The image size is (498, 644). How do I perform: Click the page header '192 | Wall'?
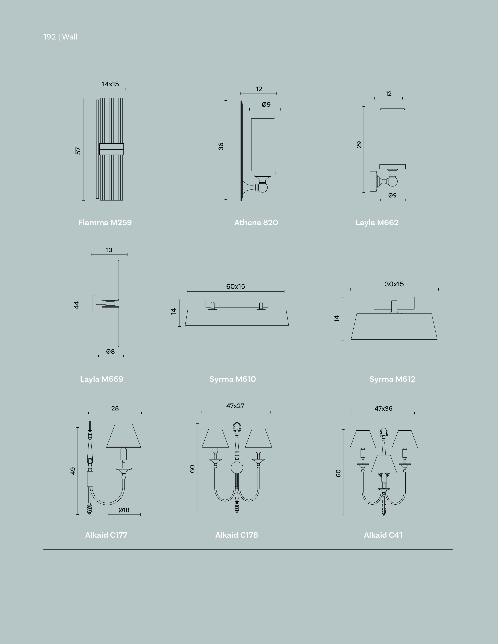(60, 37)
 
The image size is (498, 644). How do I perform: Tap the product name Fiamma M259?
(105, 222)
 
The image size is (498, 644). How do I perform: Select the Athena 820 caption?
(256, 222)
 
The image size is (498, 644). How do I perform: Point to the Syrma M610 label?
(233, 379)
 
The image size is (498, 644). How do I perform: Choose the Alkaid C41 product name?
(383, 535)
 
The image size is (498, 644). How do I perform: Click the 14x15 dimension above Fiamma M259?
(110, 84)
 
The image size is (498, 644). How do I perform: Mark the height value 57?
(78, 151)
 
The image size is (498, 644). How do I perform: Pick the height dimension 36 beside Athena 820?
(221, 146)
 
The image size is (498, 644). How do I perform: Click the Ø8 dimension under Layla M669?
(110, 351)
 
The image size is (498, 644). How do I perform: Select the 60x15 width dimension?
(236, 286)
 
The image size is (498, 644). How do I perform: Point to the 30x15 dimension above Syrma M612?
(394, 284)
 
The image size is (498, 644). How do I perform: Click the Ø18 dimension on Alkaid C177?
(124, 510)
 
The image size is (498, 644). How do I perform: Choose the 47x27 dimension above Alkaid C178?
(235, 406)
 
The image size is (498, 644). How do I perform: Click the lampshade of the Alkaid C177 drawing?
(124, 436)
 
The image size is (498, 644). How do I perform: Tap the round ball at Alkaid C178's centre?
(237, 468)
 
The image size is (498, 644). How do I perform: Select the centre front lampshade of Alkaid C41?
(383, 464)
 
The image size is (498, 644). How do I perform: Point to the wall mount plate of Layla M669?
(94, 303)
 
